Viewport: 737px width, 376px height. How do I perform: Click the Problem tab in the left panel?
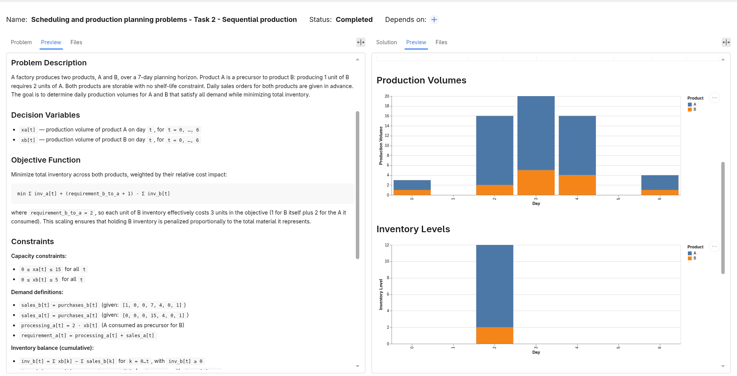(21, 42)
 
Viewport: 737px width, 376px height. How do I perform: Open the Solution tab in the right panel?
(387, 42)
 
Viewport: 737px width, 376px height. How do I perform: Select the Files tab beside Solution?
(441, 42)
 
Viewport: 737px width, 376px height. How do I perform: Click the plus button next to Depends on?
(434, 20)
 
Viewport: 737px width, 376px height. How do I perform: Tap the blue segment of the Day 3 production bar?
(536, 133)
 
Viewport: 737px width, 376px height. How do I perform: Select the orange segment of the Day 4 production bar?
(577, 185)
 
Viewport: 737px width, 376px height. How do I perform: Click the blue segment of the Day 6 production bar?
(660, 183)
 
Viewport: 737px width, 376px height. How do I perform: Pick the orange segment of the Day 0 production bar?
(412, 192)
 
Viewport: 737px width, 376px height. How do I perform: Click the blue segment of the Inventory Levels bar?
(495, 286)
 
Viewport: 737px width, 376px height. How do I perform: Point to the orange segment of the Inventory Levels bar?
(495, 335)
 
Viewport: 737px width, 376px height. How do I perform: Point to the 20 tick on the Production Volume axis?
(387, 96)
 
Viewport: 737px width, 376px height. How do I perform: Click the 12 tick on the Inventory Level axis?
(387, 245)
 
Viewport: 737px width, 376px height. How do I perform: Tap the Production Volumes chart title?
(421, 80)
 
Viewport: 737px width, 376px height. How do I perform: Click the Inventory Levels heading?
(413, 229)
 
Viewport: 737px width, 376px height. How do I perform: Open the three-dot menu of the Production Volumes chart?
(714, 98)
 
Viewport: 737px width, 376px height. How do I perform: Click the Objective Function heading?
(46, 160)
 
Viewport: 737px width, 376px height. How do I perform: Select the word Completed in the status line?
(354, 20)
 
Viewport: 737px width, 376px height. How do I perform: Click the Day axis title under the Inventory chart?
(536, 352)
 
